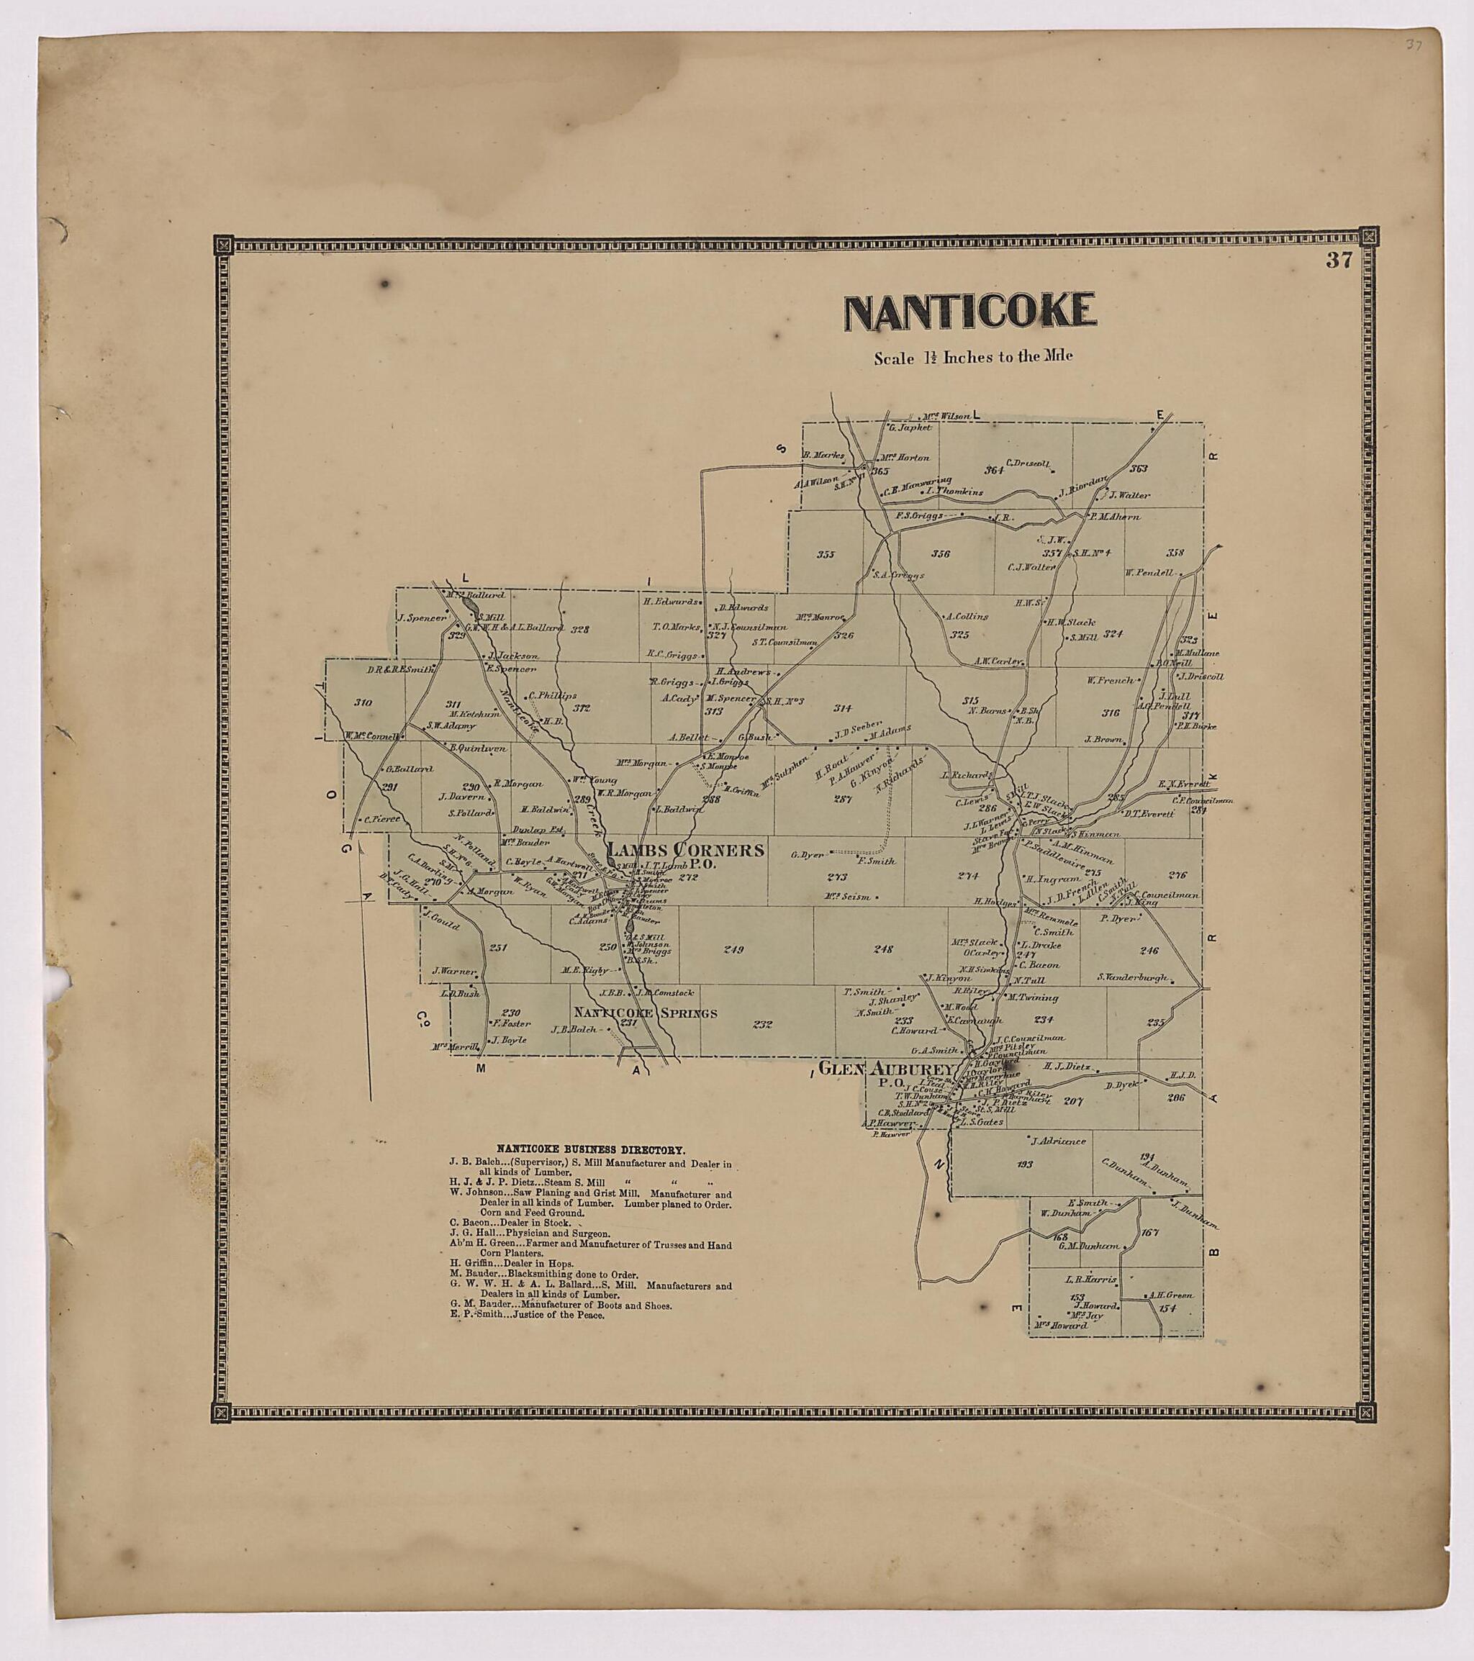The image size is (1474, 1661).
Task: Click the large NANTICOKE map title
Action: coord(970,312)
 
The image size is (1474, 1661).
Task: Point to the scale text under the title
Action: coord(972,357)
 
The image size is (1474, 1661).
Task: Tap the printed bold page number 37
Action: coord(1338,260)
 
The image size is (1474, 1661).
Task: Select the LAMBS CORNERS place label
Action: coord(687,850)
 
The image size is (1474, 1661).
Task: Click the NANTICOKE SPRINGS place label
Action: coord(646,1013)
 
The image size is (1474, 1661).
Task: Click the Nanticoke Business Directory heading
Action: coord(591,1150)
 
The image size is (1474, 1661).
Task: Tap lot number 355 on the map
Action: coord(826,554)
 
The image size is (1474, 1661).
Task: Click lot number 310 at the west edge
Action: coord(363,702)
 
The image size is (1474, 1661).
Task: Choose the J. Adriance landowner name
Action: coord(1058,1141)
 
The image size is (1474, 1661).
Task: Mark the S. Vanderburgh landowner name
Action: coord(1133,977)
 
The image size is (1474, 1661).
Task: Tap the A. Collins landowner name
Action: coord(967,616)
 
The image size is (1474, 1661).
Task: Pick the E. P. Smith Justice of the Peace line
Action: coord(528,1314)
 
